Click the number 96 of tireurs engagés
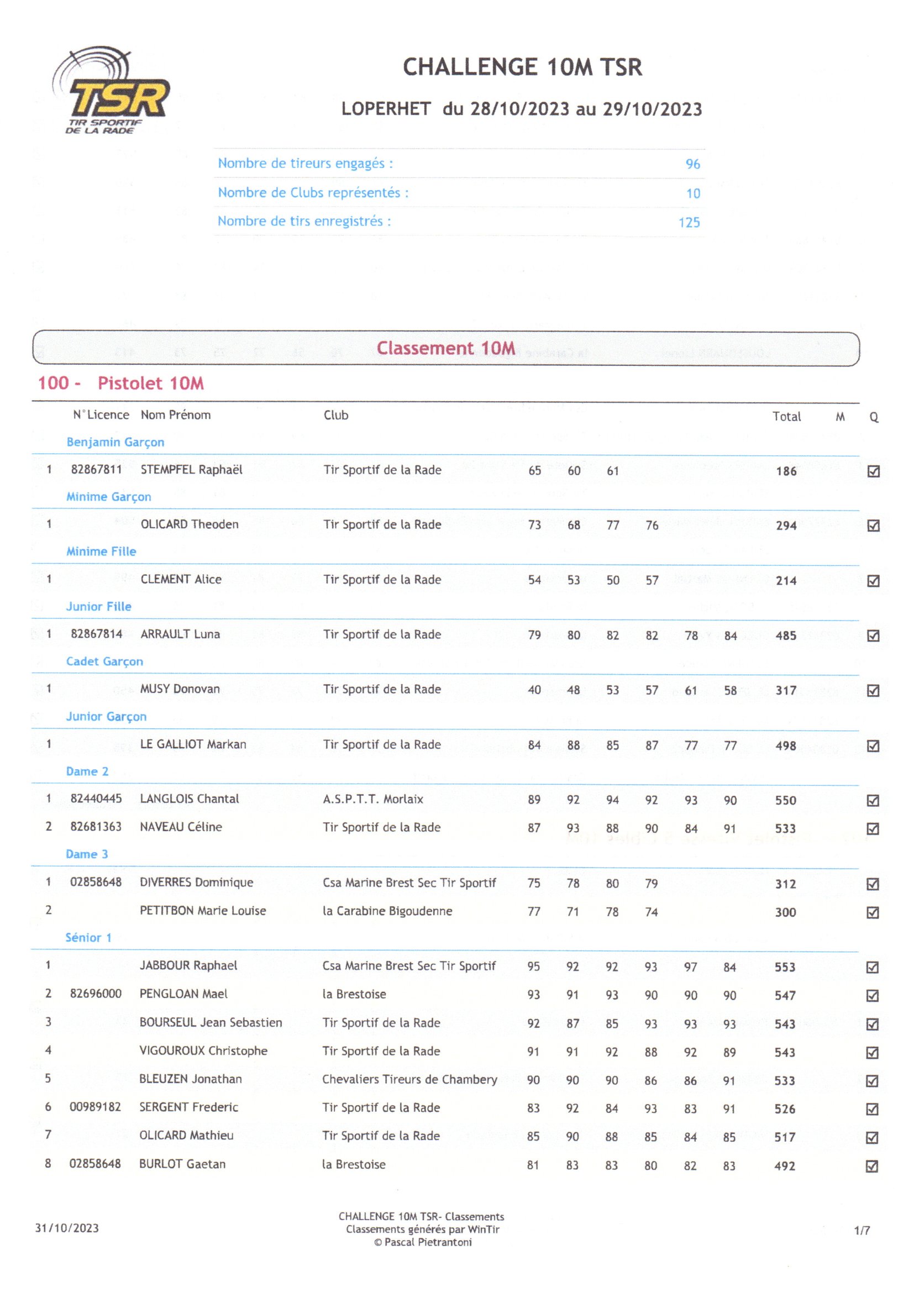click(692, 164)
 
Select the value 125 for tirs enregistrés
click(689, 222)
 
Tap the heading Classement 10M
click(446, 348)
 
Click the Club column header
click(335, 416)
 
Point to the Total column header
click(786, 417)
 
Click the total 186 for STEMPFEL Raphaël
click(786, 471)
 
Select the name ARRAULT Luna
click(180, 634)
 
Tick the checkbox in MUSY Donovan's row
click(873, 690)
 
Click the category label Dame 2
click(87, 771)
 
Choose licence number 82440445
click(96, 799)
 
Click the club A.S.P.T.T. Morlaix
click(372, 799)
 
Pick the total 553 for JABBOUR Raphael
click(785, 967)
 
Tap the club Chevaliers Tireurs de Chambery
click(409, 1079)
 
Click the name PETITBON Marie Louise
click(203, 911)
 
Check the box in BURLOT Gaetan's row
click(872, 1167)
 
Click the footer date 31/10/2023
click(67, 1228)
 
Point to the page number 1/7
click(862, 1231)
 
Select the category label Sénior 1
click(88, 938)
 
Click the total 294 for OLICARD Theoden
click(786, 526)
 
